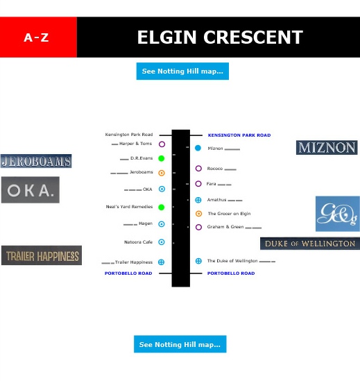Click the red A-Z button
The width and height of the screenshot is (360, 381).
click(37, 37)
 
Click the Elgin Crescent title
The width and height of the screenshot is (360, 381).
click(219, 37)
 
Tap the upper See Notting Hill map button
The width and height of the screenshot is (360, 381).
click(182, 71)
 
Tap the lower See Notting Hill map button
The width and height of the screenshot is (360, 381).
click(180, 344)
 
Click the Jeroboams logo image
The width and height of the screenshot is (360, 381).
click(36, 161)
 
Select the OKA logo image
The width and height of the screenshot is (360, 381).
click(30, 189)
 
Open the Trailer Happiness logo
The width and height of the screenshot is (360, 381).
click(42, 255)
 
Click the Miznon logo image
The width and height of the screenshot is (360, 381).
click(327, 147)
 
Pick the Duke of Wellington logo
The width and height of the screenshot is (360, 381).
click(309, 244)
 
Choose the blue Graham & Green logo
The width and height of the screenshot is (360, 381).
click(337, 214)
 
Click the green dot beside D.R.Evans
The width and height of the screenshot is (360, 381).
click(161, 159)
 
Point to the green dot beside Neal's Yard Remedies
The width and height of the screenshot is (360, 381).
click(161, 207)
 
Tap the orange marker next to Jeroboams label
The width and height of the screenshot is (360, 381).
click(161, 173)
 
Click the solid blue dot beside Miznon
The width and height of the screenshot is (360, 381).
click(198, 148)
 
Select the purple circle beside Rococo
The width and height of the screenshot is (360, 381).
click(198, 169)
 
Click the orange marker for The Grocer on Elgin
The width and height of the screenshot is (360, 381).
click(198, 214)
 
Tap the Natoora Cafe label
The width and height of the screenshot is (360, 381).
click(139, 242)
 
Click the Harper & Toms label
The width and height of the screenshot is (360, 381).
click(135, 144)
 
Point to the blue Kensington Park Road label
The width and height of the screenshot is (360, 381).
click(239, 135)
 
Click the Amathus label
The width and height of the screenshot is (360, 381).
click(216, 200)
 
